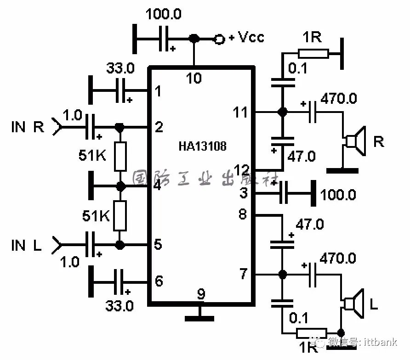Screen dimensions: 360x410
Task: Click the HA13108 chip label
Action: [x=202, y=146]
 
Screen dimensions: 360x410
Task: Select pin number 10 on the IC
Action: [x=194, y=79]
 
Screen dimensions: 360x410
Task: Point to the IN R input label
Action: [x=27, y=127]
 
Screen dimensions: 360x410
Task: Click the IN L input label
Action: [x=26, y=245]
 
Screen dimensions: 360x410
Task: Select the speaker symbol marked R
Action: [x=355, y=141]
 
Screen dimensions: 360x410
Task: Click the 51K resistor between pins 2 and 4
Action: [x=120, y=156]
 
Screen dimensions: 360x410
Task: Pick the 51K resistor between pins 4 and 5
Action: [x=120, y=215]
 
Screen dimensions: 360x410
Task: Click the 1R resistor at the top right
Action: [x=313, y=53]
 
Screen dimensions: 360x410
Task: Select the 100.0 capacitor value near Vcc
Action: [x=164, y=14]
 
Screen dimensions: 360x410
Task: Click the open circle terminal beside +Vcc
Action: [x=219, y=39]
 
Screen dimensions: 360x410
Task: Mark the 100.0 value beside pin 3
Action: [x=338, y=194]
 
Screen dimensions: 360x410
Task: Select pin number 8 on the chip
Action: [x=244, y=214]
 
